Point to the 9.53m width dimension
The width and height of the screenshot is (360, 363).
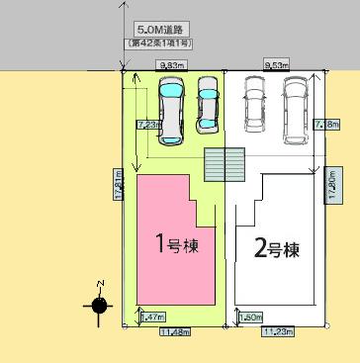point(276,65)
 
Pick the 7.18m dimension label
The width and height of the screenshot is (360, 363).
point(322,125)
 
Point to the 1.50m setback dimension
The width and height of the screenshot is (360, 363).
point(249,317)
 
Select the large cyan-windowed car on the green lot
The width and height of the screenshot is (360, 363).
point(170,109)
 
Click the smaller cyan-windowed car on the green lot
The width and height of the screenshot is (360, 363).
point(208,104)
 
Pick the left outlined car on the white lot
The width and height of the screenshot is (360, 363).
point(254,104)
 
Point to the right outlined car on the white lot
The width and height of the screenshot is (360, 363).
point(295,104)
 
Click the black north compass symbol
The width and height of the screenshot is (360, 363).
point(99,305)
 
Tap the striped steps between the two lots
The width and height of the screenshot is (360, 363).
point(225,162)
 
